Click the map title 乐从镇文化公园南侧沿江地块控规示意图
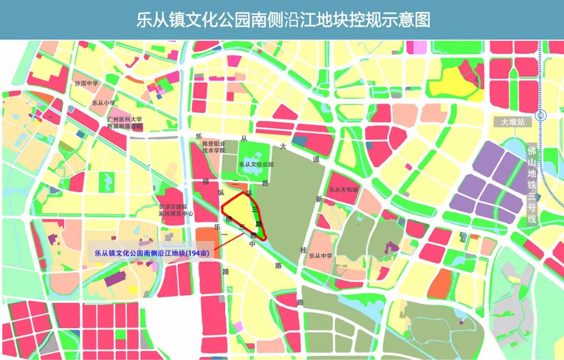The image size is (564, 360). [x=283, y=20]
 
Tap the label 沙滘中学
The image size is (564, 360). [x=86, y=84]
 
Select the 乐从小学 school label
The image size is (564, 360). [x=103, y=103]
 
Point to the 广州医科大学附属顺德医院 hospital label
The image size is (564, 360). [x=125, y=123]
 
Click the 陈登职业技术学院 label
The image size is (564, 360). [x=214, y=147]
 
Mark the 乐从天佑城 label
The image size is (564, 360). [x=343, y=190]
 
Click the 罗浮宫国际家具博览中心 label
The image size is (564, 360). [x=177, y=210]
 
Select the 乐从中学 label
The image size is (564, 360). [x=321, y=256]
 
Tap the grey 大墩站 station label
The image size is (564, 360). [x=512, y=122]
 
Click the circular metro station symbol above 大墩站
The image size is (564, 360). [x=541, y=115]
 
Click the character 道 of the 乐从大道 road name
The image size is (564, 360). [x=315, y=160]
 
